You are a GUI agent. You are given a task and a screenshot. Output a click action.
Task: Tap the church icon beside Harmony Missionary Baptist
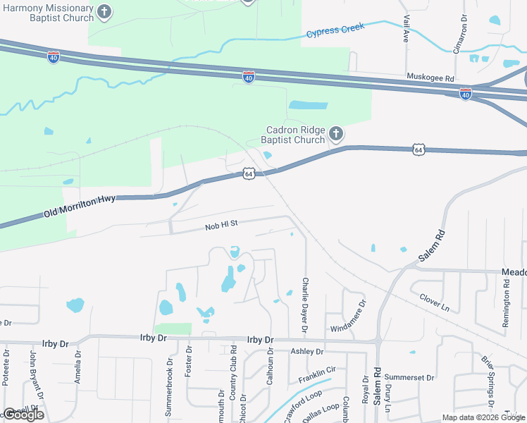click(104, 11)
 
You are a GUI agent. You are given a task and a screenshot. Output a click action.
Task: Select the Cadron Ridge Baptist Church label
click(292, 135)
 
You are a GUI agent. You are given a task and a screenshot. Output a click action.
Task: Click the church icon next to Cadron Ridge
click(336, 133)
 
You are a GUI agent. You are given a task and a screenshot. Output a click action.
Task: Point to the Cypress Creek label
click(335, 30)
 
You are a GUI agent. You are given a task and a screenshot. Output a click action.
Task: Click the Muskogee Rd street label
click(430, 77)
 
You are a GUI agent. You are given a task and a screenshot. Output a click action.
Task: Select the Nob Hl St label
click(223, 226)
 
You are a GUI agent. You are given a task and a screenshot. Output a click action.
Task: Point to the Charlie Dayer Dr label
click(305, 305)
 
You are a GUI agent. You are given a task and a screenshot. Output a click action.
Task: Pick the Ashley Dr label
click(306, 351)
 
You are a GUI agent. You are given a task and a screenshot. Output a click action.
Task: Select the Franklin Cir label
click(316, 374)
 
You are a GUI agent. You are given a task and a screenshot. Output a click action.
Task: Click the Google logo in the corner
click(23, 415)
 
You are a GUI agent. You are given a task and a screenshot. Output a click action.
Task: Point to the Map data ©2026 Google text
click(483, 417)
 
